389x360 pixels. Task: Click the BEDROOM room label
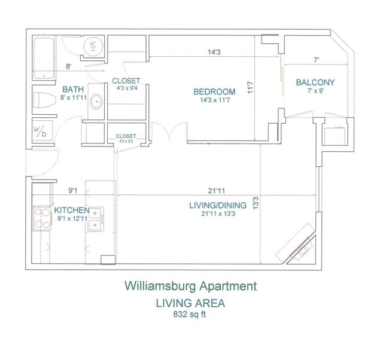coord(214,91)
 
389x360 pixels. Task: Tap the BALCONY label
coord(315,83)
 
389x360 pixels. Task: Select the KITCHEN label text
coord(72,210)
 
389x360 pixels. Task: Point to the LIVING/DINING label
coord(212,205)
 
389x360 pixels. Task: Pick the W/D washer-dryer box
coord(41,131)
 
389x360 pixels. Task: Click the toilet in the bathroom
coord(44,100)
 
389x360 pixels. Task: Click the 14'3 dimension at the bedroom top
coord(214,52)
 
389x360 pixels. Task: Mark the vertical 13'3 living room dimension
coord(256,204)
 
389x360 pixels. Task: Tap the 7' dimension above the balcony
coord(315,59)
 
